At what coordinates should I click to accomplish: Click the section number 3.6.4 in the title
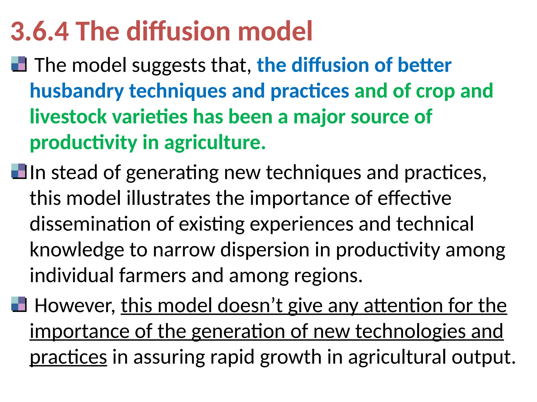click(x=40, y=31)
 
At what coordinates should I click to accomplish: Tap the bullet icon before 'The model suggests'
click(x=19, y=64)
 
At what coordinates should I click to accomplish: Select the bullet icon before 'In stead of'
click(x=19, y=171)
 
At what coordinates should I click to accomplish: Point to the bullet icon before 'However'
click(x=19, y=304)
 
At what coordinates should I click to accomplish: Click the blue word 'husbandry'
click(x=77, y=91)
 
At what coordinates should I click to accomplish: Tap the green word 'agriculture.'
click(x=215, y=143)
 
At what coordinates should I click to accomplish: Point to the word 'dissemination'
click(x=90, y=224)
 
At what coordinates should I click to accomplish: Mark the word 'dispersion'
click(x=265, y=250)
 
